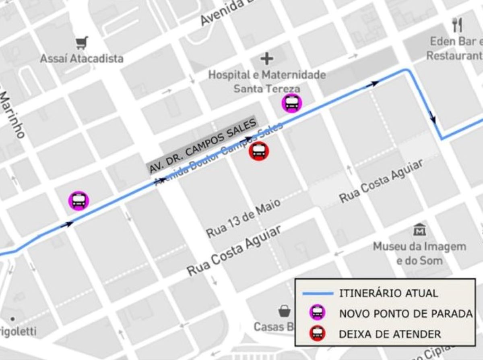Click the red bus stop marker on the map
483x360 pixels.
coord(259,151)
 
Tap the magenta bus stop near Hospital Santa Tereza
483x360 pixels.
coord(292,103)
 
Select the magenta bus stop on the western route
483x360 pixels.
coord(78,201)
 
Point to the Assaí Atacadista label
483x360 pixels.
coord(82,59)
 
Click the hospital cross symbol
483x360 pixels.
coord(266,59)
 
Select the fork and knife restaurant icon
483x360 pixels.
coord(457,25)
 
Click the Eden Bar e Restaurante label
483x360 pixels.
coord(455,48)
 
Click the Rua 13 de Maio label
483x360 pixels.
coord(243,218)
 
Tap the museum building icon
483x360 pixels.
coord(419,230)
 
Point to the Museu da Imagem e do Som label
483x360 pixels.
coord(419,253)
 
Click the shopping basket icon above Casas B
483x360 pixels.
coord(285,310)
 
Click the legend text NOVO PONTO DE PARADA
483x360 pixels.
coord(406,314)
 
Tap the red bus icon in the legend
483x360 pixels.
coord(318,334)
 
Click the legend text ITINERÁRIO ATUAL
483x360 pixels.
coord(388,293)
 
